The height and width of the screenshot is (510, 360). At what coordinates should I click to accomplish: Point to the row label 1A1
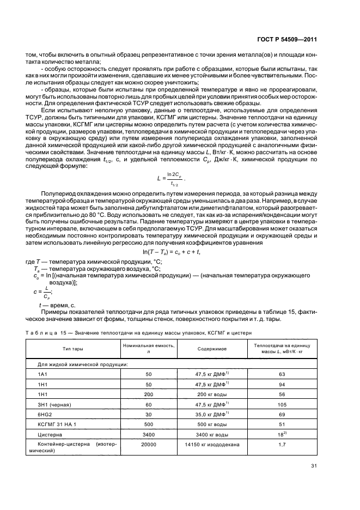click(x=41, y=374)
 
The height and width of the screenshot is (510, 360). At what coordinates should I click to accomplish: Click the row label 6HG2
click(x=43, y=415)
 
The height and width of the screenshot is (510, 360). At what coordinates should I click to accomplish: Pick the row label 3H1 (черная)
click(x=53, y=405)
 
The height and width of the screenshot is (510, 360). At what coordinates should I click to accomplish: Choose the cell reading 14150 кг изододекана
click(x=212, y=445)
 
